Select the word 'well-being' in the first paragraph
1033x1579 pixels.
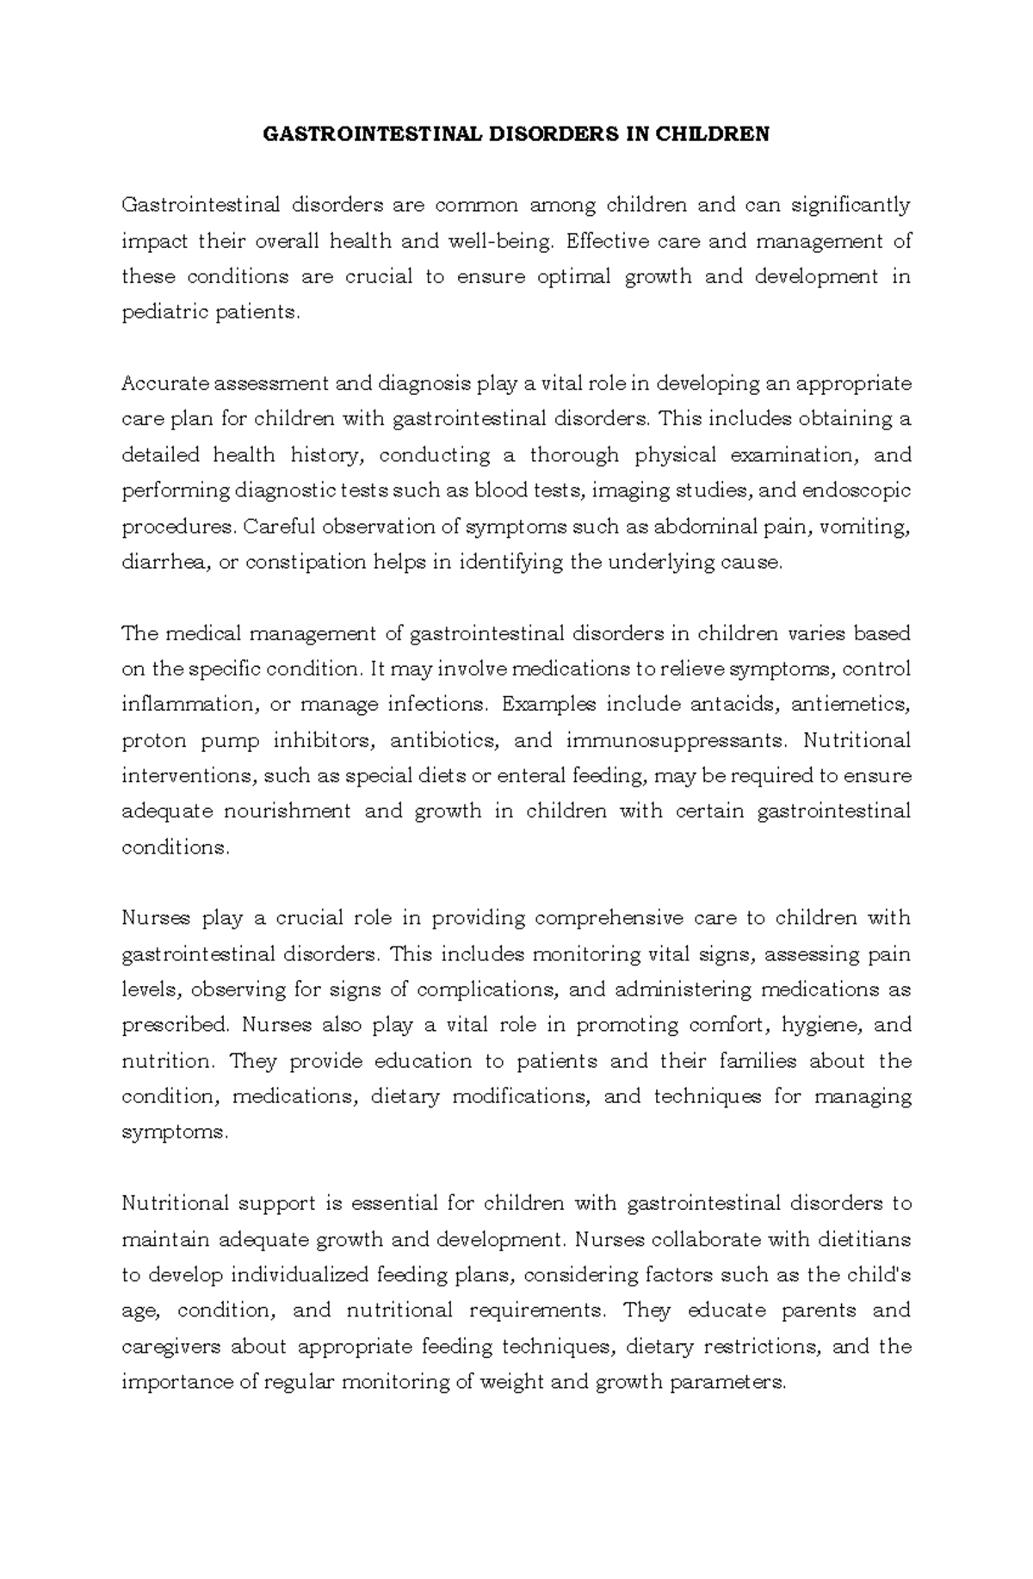[498, 241]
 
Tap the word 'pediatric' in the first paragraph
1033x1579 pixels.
[159, 312]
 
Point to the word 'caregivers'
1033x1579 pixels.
[170, 1347]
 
